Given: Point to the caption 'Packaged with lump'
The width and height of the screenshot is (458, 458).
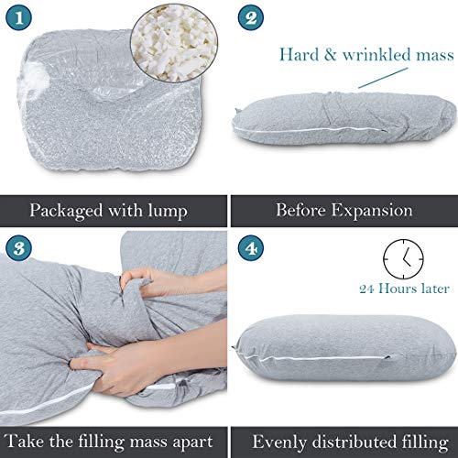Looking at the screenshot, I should [111, 210].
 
